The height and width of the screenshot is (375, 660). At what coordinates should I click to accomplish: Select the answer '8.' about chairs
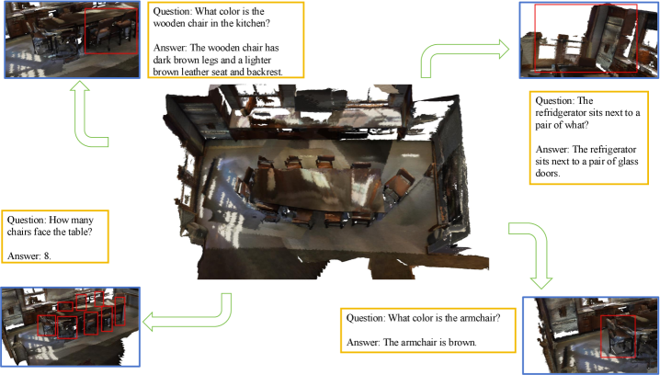(x=48, y=257)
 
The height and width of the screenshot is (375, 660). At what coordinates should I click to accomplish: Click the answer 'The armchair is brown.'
(x=415, y=343)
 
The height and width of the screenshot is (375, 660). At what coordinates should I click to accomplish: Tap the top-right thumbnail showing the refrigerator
(x=587, y=39)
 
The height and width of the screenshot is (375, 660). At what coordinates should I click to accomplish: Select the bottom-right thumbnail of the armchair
(x=590, y=335)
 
